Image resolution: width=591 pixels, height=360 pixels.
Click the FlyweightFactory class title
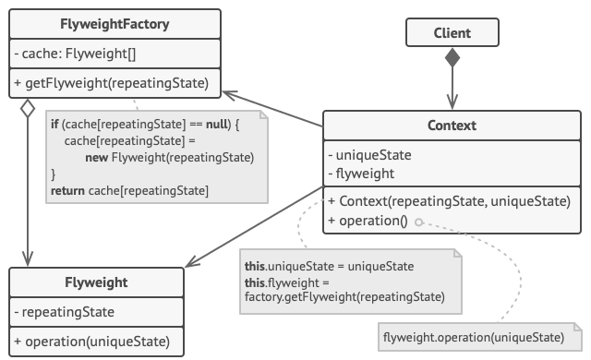tap(115, 23)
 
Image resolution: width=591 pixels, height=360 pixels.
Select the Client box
tap(452, 33)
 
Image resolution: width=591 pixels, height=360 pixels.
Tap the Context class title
tap(452, 125)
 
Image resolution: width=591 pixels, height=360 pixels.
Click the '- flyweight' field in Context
tap(366, 172)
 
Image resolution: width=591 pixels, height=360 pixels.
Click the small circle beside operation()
tap(418, 222)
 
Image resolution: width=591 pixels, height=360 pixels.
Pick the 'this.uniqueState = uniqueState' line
tap(328, 266)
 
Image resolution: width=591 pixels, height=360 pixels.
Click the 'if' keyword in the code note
tap(57, 124)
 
